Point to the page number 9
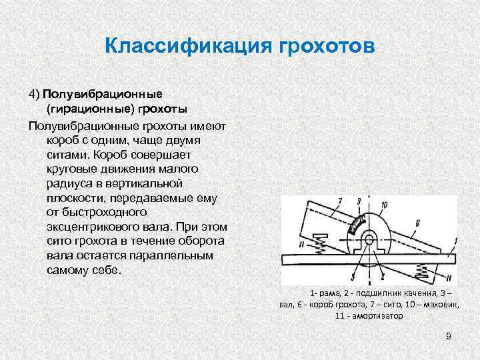(449, 336)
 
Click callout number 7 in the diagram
(340, 201)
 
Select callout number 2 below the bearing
(381, 274)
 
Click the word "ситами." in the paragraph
(67, 153)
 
